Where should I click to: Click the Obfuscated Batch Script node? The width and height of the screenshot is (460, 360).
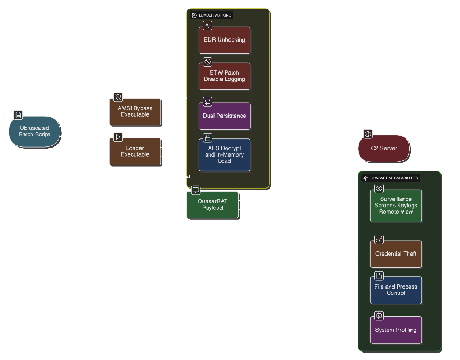coord(35,131)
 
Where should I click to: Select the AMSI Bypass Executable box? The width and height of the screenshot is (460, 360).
coord(135,111)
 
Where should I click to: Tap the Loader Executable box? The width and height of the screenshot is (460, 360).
coord(135,151)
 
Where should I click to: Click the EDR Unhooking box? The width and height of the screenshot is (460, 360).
coord(224,40)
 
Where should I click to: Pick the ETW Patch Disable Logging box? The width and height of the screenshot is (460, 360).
coord(224,76)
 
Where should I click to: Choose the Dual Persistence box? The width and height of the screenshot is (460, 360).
coord(224,116)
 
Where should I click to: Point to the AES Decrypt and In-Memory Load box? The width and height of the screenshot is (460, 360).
coord(224,155)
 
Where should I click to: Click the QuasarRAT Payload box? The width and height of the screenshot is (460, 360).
coord(212,205)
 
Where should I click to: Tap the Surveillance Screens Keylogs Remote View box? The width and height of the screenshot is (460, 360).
coord(396,206)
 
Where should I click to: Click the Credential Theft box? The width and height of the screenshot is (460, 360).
coord(396,254)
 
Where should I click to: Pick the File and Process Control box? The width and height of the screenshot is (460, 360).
coord(396,290)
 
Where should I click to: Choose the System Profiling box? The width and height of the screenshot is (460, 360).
coord(396,330)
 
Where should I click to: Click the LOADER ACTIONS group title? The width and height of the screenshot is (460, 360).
coord(215,15)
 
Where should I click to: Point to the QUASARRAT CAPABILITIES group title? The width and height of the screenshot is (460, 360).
coord(394,178)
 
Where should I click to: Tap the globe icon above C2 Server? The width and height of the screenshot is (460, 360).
coord(368,134)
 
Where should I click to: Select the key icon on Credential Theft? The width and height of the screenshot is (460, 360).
coord(379,240)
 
